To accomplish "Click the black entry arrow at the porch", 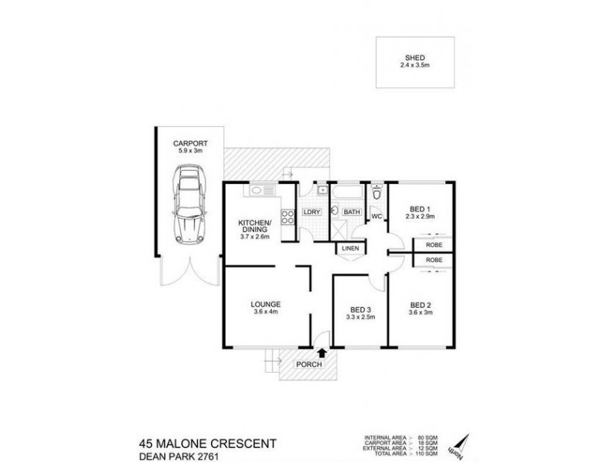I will pos(321,353).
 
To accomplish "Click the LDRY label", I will pos(312,212).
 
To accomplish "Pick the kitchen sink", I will pos(257,190).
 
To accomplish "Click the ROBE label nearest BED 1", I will pos(433,246).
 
